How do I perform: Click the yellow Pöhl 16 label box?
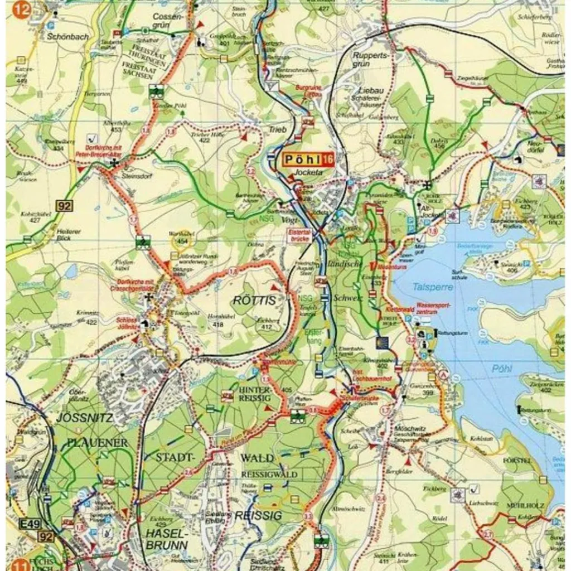pos(308,160)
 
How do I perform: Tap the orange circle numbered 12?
pos(21,9)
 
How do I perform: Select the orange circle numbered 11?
pos(22,563)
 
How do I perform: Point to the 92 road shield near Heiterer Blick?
pos(65,206)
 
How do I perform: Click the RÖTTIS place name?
pos(254,301)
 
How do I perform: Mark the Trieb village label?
pos(277,130)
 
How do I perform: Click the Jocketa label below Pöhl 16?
pos(309,173)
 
